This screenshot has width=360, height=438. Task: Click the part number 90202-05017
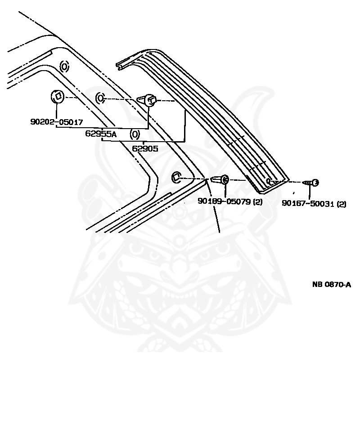pyautogui.click(x=57, y=122)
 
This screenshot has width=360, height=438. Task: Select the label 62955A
pyautogui.click(x=101, y=134)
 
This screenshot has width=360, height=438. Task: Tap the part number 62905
pyautogui.click(x=145, y=148)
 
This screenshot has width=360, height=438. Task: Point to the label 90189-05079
pyautogui.click(x=224, y=201)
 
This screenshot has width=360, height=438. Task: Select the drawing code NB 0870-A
pyautogui.click(x=332, y=284)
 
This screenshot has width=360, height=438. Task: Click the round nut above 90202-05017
pyautogui.click(x=57, y=96)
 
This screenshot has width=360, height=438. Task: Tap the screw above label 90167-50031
pyautogui.click(x=311, y=183)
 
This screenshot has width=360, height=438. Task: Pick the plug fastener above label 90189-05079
pyautogui.click(x=220, y=180)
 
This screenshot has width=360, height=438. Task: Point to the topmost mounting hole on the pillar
pyautogui.click(x=64, y=67)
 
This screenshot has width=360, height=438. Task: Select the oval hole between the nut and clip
pyautogui.click(x=100, y=98)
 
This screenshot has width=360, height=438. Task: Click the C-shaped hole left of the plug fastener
pyautogui.click(x=176, y=178)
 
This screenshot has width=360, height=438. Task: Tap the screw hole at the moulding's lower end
pyautogui.click(x=268, y=181)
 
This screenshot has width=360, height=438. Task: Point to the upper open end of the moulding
pyautogui.click(x=121, y=66)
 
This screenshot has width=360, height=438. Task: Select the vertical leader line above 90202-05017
pyautogui.click(x=57, y=111)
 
